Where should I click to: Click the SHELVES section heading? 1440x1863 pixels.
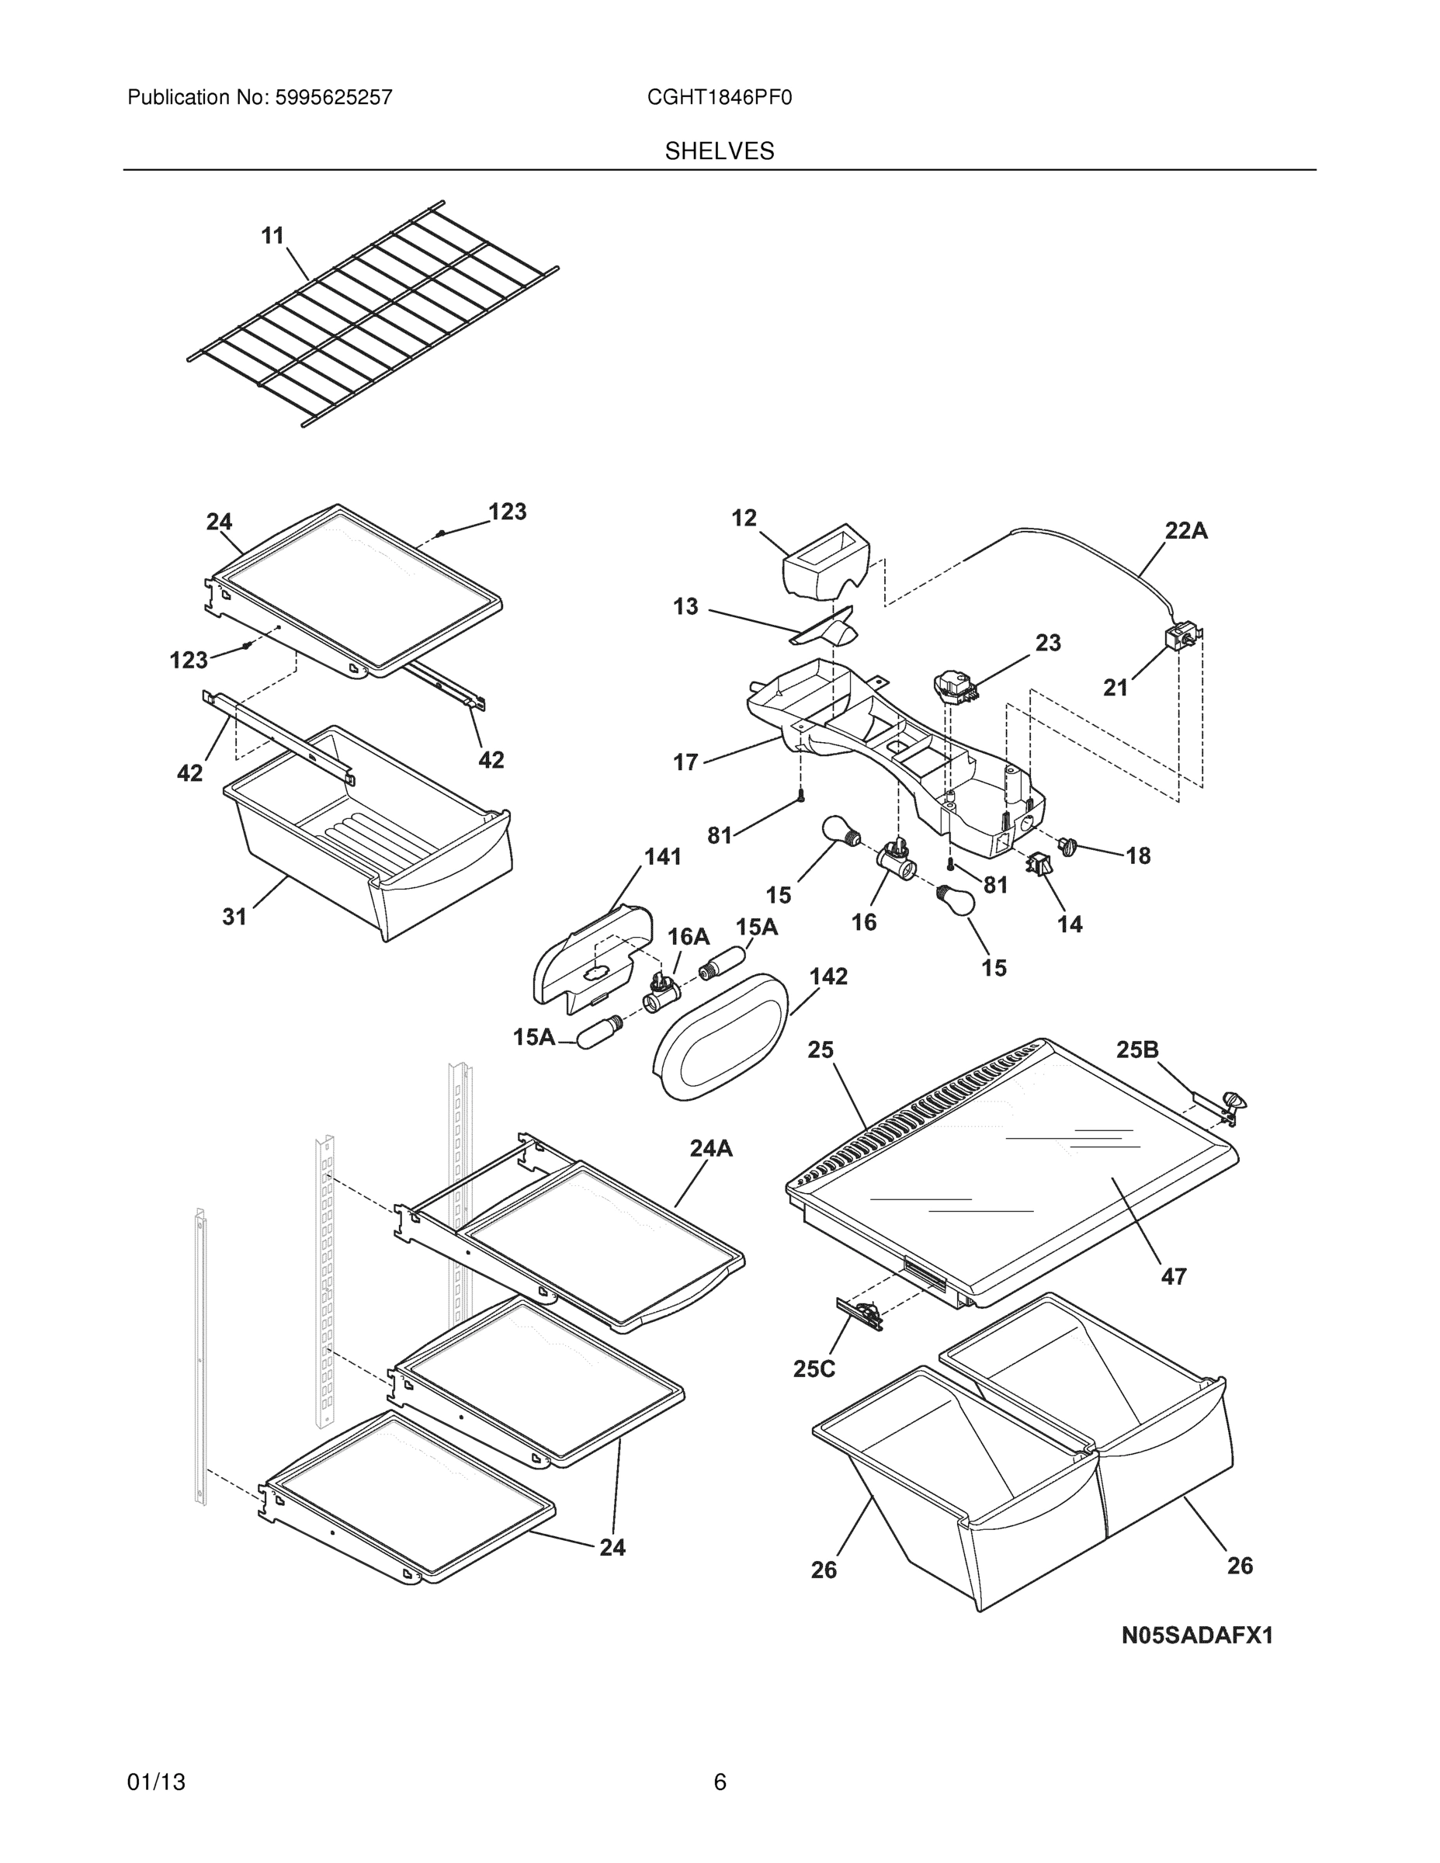pyautogui.click(x=719, y=151)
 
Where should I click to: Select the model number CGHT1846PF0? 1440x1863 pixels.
pyautogui.click(x=719, y=98)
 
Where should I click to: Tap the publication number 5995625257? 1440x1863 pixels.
pyautogui.click(x=333, y=98)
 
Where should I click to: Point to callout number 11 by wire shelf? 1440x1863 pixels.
pyautogui.click(x=272, y=235)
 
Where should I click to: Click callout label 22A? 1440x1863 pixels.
pyautogui.click(x=1186, y=531)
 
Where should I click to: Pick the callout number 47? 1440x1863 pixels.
pyautogui.click(x=1174, y=1276)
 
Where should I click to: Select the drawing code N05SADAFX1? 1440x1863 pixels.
pyautogui.click(x=1196, y=1636)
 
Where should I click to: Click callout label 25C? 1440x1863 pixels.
pyautogui.click(x=814, y=1369)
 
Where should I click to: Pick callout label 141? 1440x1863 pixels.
pyautogui.click(x=663, y=856)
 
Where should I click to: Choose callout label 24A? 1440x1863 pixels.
pyautogui.click(x=712, y=1148)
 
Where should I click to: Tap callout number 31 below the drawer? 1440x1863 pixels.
pyautogui.click(x=234, y=916)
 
